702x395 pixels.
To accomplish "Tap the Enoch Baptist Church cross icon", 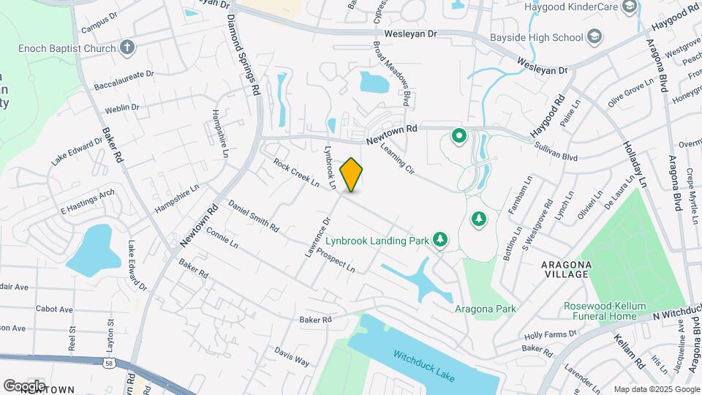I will click(127, 48).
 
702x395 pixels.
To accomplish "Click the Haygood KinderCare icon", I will click(629, 7).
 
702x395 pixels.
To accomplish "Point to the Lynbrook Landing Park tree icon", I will click(440, 239).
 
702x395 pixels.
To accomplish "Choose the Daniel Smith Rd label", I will click(253, 216).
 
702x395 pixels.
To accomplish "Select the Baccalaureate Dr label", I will click(124, 80).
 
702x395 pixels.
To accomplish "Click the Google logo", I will click(24, 385).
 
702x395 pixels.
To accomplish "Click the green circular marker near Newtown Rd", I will click(459, 135).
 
